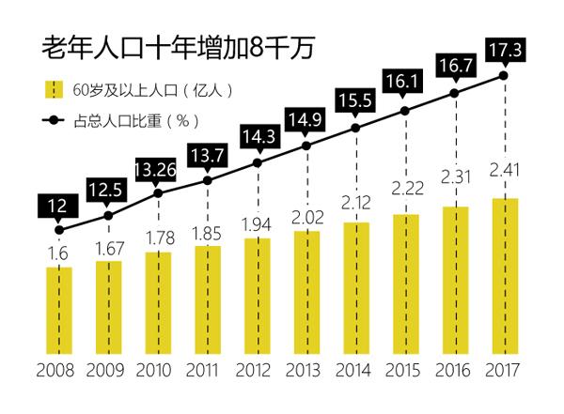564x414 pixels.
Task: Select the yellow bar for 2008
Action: pyautogui.click(x=59, y=310)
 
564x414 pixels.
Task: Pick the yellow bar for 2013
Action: pyautogui.click(x=306, y=291)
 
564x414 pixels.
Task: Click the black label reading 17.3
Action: pyautogui.click(x=506, y=47)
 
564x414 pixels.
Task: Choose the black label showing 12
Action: pyautogui.click(x=58, y=203)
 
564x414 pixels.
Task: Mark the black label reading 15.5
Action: pyautogui.click(x=356, y=98)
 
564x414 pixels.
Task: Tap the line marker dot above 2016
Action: pyautogui.click(x=455, y=93)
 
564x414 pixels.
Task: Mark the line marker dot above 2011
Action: pyautogui.click(x=207, y=178)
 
